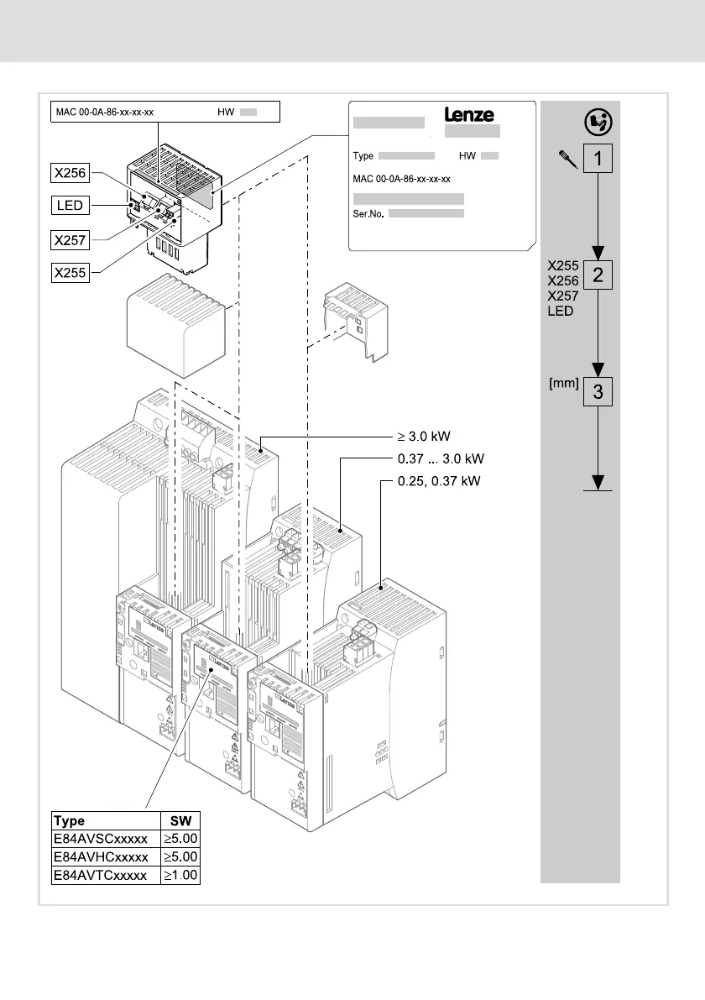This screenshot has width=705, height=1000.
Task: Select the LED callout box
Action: (71, 206)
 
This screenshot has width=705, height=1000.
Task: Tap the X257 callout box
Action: (71, 240)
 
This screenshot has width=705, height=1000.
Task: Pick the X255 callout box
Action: (71, 273)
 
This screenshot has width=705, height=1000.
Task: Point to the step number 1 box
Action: (598, 157)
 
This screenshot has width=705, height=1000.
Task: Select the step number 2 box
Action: (598, 275)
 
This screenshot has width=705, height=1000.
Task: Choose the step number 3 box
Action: (598, 391)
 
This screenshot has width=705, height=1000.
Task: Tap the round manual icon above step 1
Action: (598, 122)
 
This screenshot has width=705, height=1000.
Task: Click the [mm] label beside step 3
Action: (564, 383)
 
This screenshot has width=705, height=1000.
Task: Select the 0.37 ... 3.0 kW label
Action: (441, 459)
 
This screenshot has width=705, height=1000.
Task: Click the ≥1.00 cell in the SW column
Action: (180, 875)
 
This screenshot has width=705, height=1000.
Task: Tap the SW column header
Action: (180, 820)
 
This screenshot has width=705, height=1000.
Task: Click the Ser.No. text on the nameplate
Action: (368, 215)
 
